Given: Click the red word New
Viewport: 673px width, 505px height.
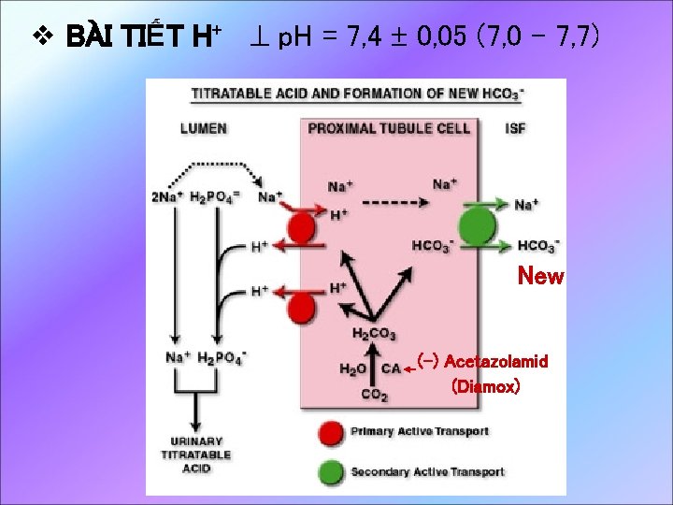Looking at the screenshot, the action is tap(540, 276).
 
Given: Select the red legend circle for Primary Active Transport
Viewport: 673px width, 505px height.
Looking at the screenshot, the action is tap(330, 432).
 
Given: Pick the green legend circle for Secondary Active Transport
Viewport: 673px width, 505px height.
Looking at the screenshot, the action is tap(330, 470).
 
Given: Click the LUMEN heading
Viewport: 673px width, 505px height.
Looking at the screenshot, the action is tap(203, 128).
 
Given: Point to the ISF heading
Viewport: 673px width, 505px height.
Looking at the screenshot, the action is tap(515, 128).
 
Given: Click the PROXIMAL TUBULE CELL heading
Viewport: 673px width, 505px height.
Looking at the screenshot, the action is tap(389, 128).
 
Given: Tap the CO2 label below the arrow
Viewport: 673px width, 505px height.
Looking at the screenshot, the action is tap(374, 395).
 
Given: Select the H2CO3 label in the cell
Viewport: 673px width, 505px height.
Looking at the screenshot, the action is tap(374, 334).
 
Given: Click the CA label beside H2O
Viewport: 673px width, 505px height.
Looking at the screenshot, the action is tap(392, 369).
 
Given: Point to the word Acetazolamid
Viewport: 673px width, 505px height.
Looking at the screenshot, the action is tap(496, 361).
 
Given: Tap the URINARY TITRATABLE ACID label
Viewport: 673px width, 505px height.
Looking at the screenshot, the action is tap(196, 454).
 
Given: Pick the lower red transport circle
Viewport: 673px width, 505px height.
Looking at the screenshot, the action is tap(302, 306).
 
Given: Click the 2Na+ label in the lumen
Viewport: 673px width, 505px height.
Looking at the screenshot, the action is tap(166, 196).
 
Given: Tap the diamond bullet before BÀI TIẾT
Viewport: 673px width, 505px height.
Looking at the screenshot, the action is tap(39, 38).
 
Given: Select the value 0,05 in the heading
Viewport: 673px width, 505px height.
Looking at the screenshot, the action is tap(437, 38).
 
